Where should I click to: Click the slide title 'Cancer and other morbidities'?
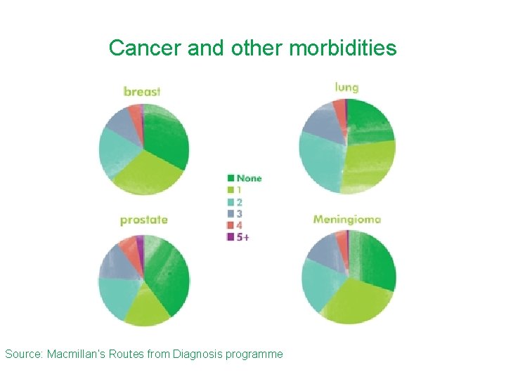pos(252,48)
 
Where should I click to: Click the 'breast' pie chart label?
pos(142,91)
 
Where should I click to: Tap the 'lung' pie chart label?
pos(346,88)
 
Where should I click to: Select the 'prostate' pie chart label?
pos(143,220)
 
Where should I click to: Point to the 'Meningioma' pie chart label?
pos(347,219)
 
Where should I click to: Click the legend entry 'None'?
pos(244,178)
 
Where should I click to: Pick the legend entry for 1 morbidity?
pos(235,190)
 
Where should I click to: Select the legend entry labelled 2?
pos(235,202)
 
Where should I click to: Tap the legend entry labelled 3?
pos(235,213)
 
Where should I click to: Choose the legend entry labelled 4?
pos(235,225)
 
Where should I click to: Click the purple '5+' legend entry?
pos(238,237)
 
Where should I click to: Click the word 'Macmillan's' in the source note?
pos(74,354)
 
